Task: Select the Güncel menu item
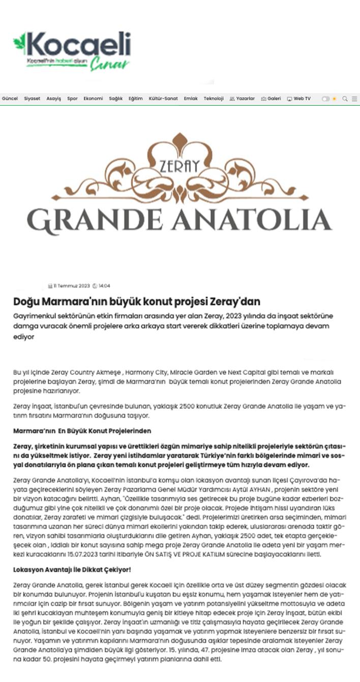(10, 99)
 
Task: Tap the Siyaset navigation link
(32, 99)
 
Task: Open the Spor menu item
(72, 99)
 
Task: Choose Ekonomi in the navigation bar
(93, 99)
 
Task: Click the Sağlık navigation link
(115, 99)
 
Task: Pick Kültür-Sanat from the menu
(163, 99)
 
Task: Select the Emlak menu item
(191, 99)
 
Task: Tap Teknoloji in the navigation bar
(214, 99)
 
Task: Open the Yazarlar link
(242, 99)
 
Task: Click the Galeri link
(271, 99)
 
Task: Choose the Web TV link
(299, 99)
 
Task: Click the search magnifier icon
(345, 99)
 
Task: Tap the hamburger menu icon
(354, 99)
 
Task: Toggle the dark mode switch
(326, 99)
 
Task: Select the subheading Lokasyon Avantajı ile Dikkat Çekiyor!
(72, 570)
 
